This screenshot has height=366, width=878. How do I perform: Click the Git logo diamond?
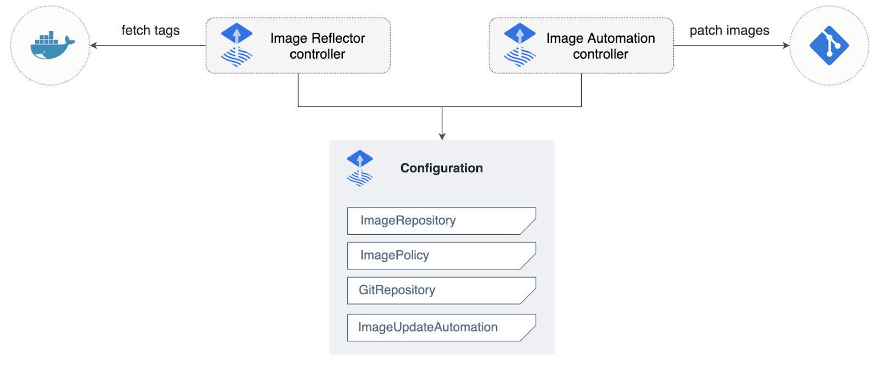point(829,46)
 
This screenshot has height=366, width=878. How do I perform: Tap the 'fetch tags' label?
point(150,30)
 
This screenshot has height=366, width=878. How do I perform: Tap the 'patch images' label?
point(729,30)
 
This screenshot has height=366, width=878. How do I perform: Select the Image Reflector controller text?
point(317,46)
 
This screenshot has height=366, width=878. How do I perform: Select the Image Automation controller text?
point(600,46)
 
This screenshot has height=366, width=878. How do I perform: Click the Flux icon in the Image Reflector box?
point(237,45)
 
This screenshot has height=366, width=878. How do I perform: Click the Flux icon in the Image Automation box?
point(519,45)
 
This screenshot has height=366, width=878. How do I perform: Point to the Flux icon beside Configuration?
point(360,168)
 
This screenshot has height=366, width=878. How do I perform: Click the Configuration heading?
point(441,168)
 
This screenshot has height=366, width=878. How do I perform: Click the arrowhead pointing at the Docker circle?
point(93,46)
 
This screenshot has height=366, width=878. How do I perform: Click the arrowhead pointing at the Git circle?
point(786,46)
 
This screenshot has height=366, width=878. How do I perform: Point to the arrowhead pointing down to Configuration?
point(442,137)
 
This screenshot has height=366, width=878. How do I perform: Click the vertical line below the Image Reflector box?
point(298,90)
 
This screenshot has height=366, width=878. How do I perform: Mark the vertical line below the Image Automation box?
point(581,90)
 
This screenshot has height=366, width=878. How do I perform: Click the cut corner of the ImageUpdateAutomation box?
point(528,334)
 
